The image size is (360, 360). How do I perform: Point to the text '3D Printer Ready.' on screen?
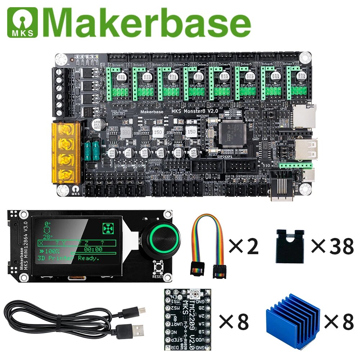[x=68, y=258]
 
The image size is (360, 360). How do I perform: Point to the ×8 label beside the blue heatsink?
[x=339, y=321]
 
